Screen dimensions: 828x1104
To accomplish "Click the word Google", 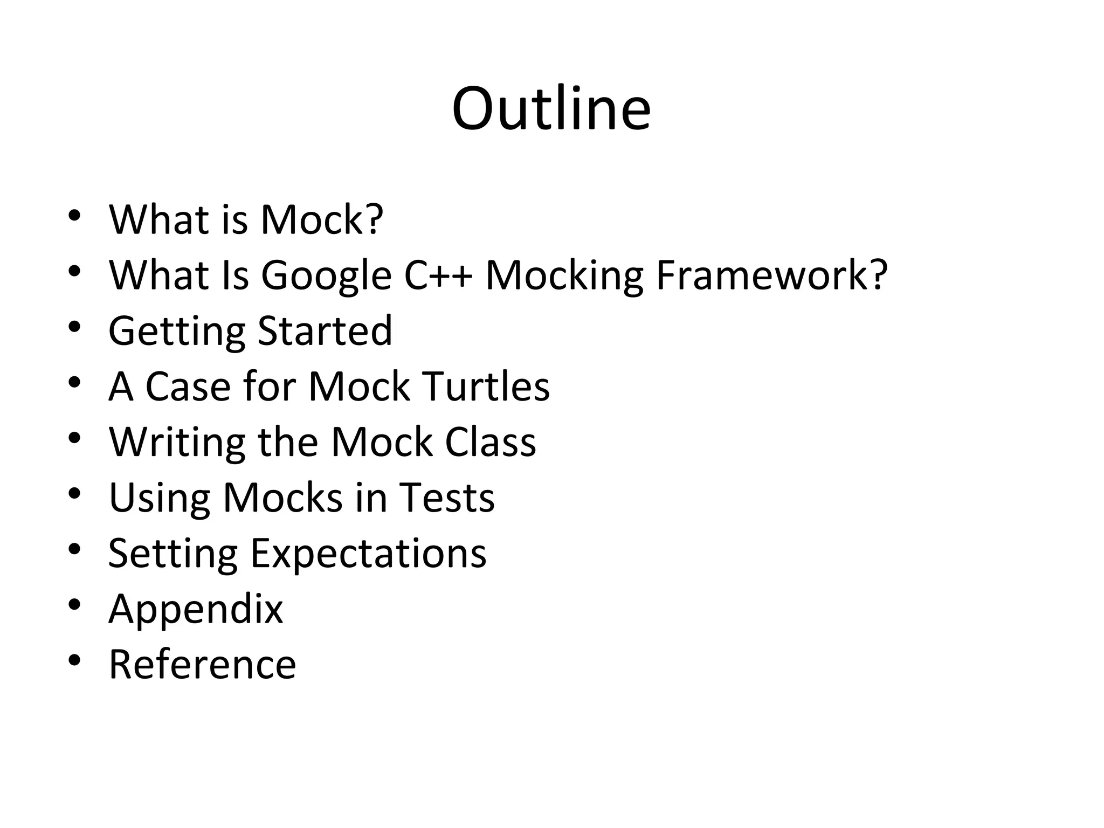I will click(x=326, y=276).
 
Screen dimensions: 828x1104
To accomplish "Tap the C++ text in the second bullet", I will click(x=438, y=275).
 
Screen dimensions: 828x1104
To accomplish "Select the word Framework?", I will click(x=771, y=275).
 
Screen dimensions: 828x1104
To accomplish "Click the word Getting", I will click(x=177, y=332).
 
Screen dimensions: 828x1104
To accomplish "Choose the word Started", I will click(x=325, y=330).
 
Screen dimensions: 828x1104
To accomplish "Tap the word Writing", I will click(x=177, y=443).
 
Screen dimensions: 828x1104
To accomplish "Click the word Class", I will click(x=491, y=442).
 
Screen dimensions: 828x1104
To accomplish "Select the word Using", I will click(x=159, y=499).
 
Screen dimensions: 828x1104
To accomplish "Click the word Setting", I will click(x=172, y=554).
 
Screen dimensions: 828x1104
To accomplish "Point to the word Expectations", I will click(x=368, y=554).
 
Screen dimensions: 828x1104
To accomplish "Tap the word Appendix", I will click(x=196, y=610).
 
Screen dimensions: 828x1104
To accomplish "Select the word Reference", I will click(x=202, y=664).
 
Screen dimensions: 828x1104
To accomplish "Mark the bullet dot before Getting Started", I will click(x=74, y=326).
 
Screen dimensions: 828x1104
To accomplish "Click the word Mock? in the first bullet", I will click(x=322, y=220).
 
